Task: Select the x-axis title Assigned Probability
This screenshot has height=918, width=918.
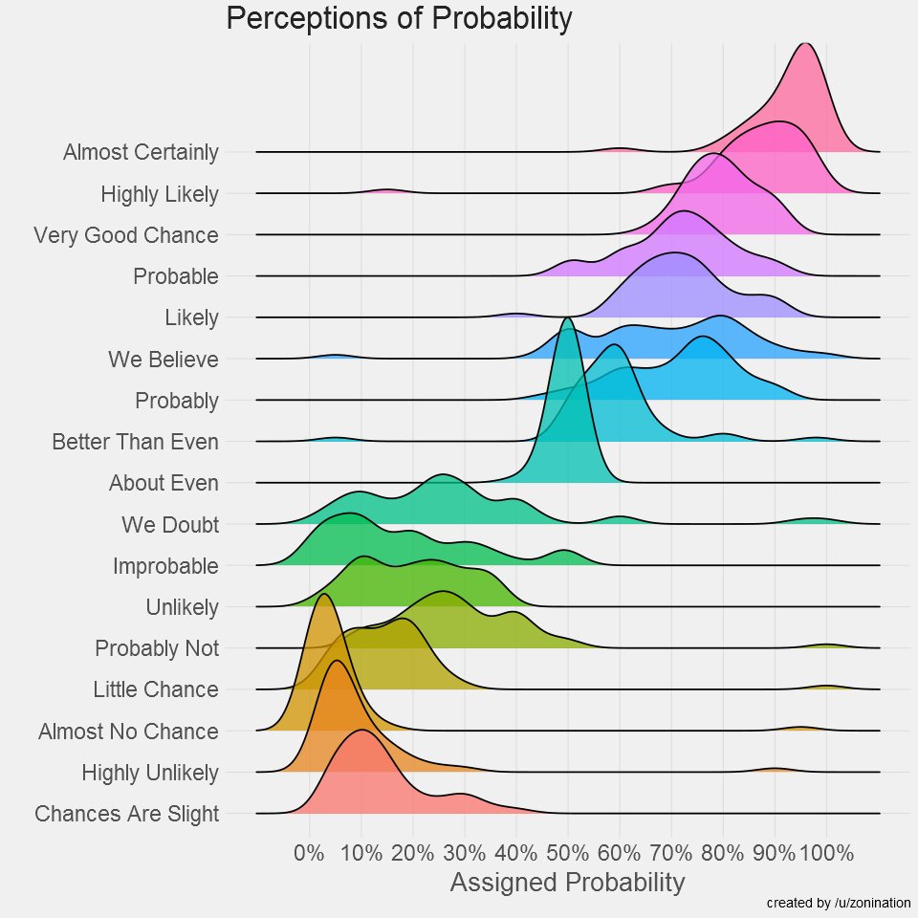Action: (x=567, y=882)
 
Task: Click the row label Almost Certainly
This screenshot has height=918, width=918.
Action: (x=141, y=152)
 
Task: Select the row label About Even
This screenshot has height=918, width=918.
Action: (x=164, y=483)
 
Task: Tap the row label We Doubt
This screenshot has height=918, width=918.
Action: (x=170, y=525)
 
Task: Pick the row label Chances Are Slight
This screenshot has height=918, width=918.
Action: (x=126, y=815)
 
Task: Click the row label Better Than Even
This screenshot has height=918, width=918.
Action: (x=135, y=442)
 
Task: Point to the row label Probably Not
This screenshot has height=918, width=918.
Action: (x=157, y=648)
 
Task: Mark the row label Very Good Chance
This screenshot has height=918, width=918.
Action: (x=125, y=235)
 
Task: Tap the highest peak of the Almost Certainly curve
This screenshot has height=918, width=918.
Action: (x=806, y=45)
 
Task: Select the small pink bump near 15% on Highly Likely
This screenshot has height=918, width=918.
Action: (x=386, y=190)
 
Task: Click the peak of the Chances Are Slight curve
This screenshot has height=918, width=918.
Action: (x=361, y=732)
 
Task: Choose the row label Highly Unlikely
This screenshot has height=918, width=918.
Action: (x=150, y=773)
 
